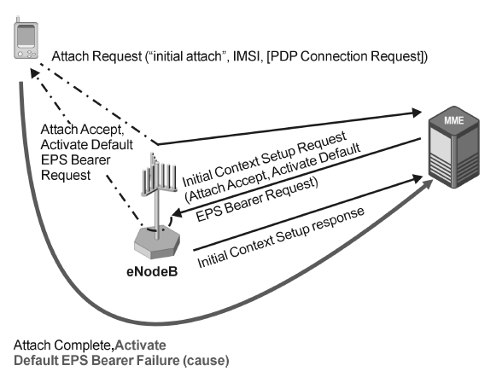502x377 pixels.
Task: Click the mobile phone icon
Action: point(26,43)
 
